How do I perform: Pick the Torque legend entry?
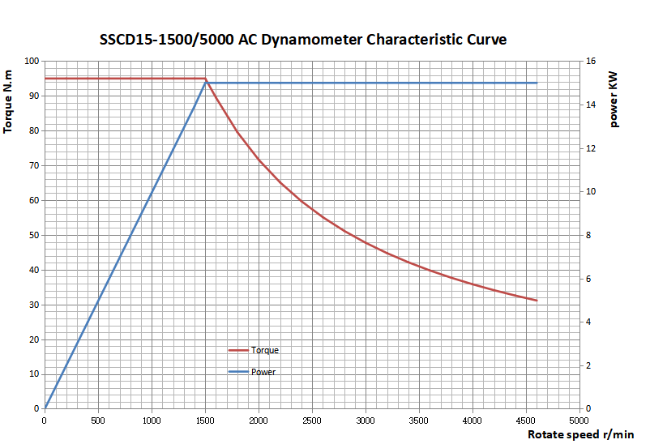(264, 350)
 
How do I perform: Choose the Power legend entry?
(263, 372)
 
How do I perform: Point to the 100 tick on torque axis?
(32, 61)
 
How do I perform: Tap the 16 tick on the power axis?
(591, 61)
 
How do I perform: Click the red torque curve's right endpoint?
(537, 301)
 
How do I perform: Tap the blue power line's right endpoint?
(537, 83)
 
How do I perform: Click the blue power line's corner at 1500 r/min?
(206, 83)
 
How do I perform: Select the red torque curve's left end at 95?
(45, 79)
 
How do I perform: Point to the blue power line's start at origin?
(45, 408)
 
